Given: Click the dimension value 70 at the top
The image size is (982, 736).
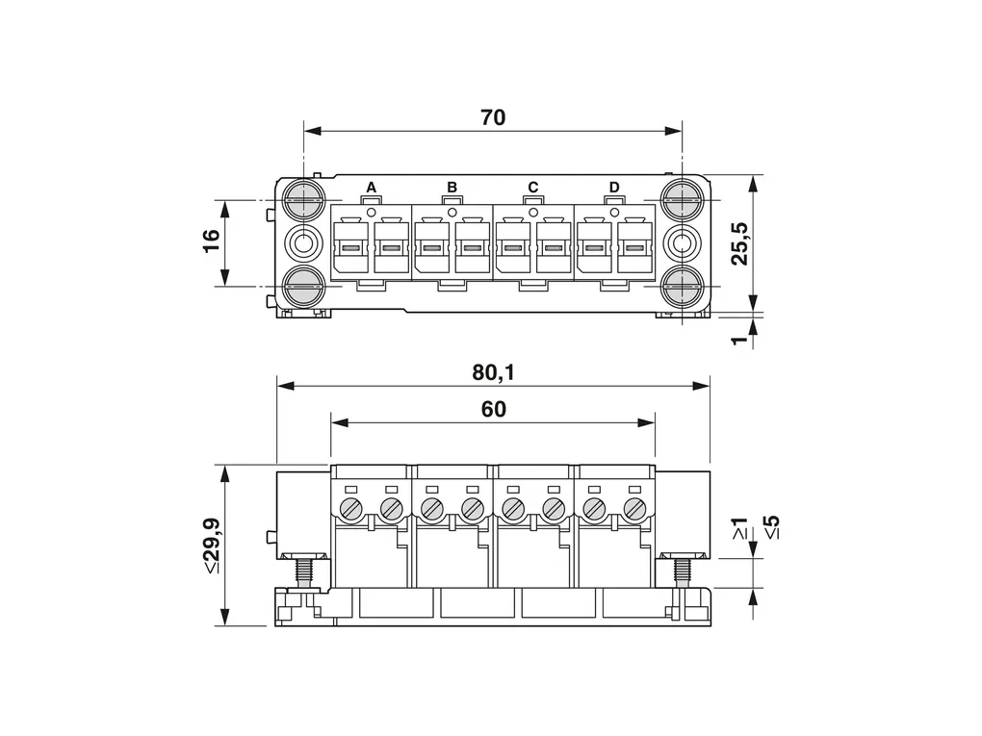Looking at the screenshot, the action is [x=493, y=117].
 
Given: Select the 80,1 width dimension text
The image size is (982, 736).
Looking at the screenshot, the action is [x=493, y=373].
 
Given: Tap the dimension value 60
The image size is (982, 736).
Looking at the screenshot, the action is [x=494, y=409].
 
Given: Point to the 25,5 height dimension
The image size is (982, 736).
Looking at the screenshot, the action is [x=740, y=243].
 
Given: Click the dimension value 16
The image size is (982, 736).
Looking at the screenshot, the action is [x=211, y=241].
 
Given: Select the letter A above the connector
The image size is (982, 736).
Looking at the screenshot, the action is [x=371, y=188].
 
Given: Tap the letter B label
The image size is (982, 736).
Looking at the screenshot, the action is [x=452, y=188].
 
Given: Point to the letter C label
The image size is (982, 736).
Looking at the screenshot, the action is [x=533, y=188].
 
